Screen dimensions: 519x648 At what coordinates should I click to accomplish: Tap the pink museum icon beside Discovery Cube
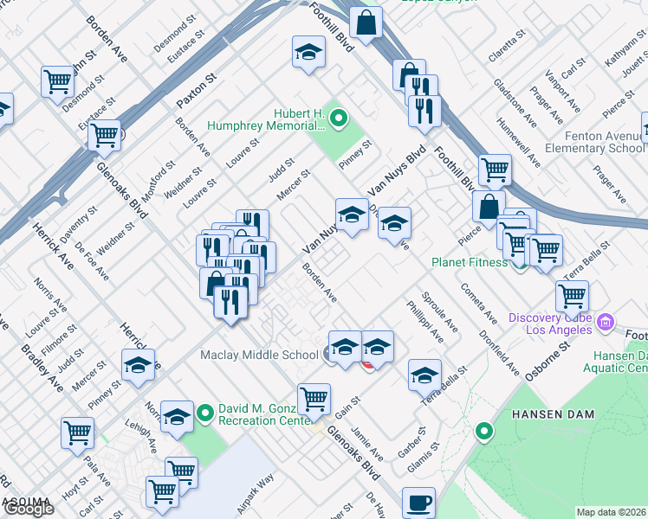[x=606, y=324]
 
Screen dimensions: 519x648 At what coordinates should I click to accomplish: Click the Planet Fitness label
[x=469, y=262]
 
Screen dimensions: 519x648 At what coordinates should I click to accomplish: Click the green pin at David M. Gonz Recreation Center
[x=204, y=413]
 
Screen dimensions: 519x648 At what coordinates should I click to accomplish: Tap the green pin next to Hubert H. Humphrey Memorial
[x=339, y=118]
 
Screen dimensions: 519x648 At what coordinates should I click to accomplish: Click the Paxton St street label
[x=195, y=91]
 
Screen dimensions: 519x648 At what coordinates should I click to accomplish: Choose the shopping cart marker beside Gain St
[x=314, y=399]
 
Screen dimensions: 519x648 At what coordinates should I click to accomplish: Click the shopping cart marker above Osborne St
[x=572, y=296]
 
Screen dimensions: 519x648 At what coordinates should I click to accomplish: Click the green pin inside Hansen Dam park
[x=484, y=430]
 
